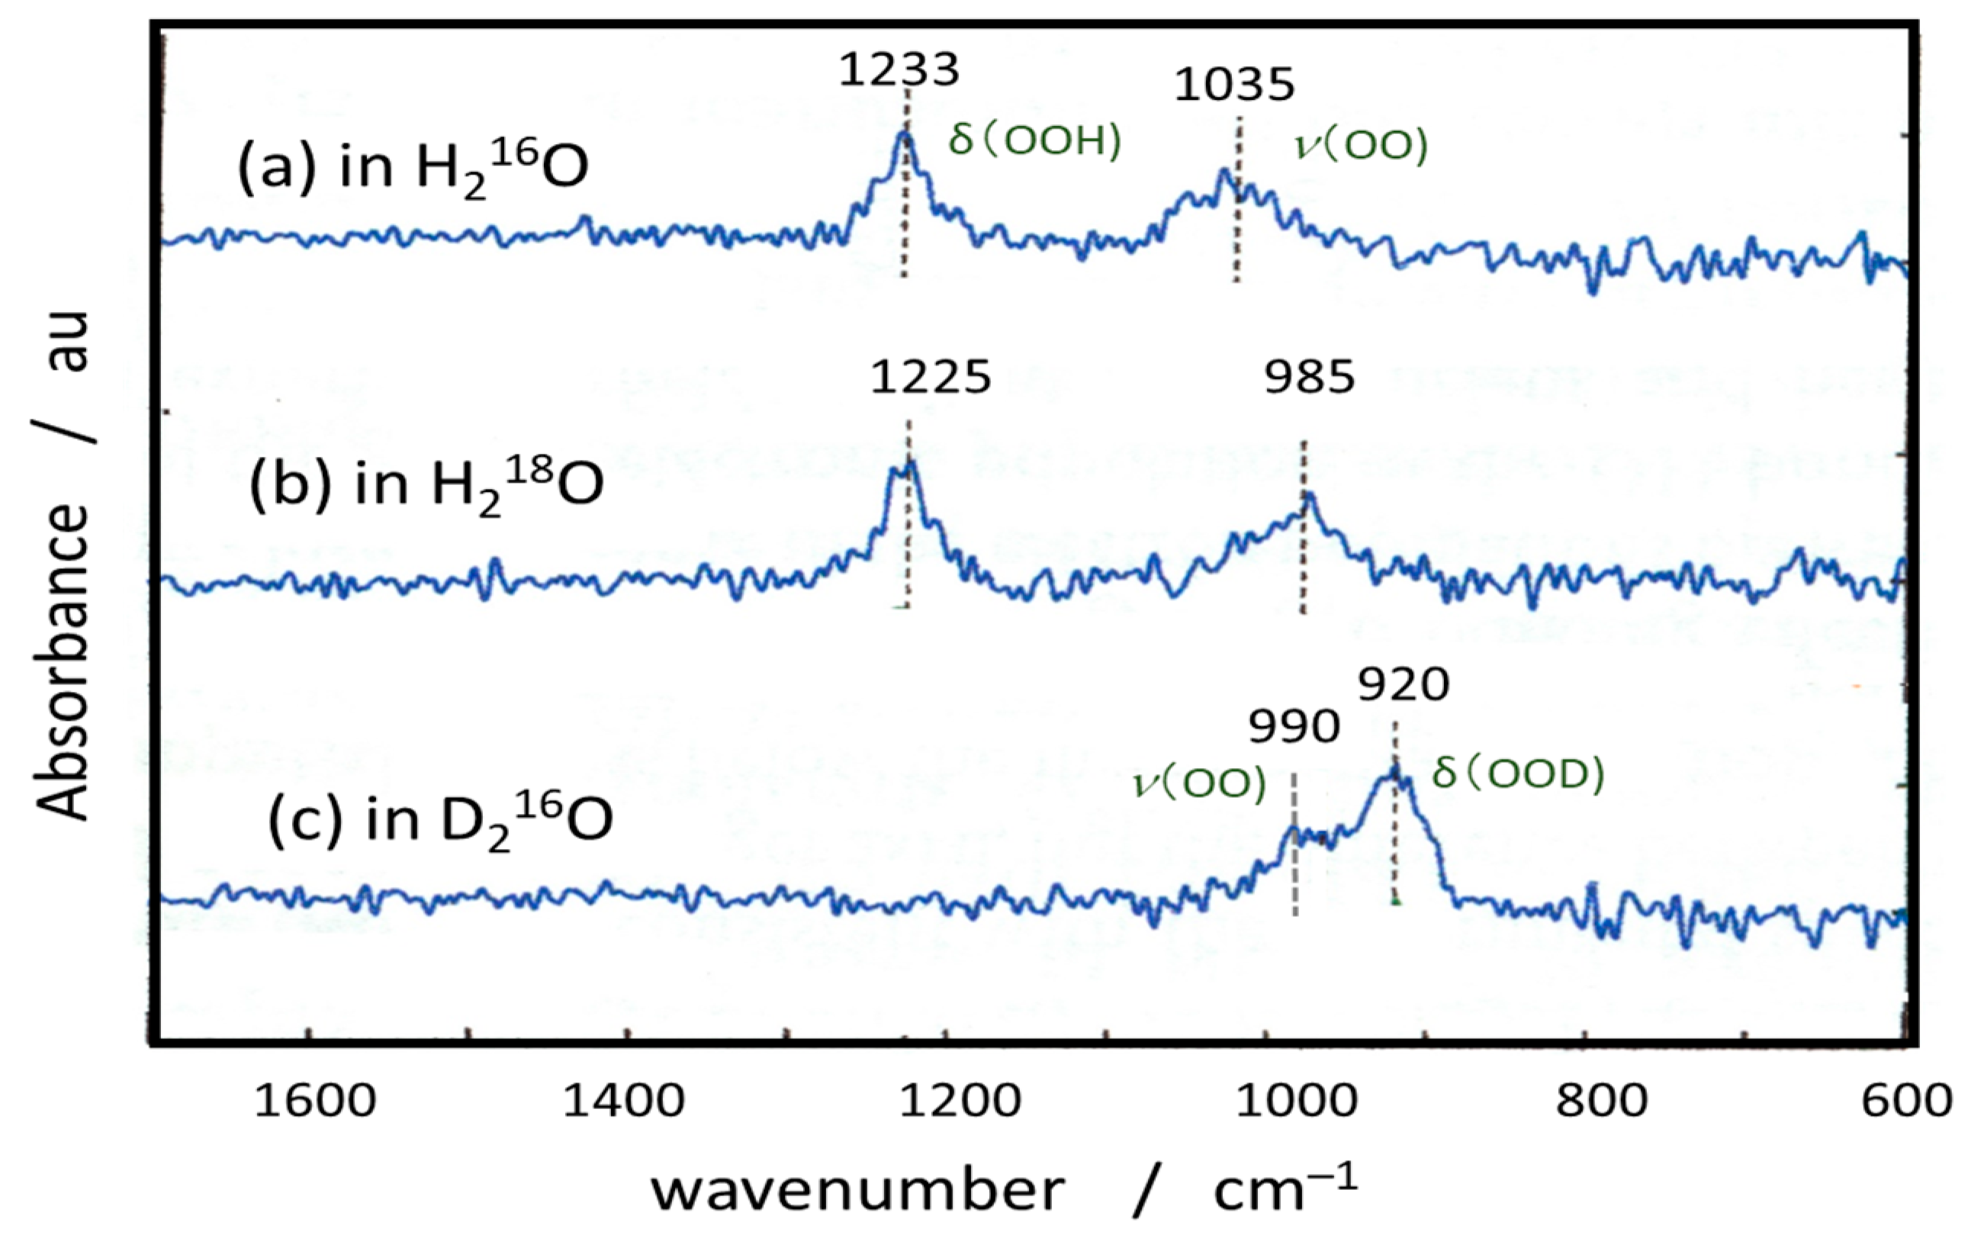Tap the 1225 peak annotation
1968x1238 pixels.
tap(930, 378)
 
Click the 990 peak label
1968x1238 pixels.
tap(1294, 726)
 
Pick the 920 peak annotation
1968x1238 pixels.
tap(1404, 685)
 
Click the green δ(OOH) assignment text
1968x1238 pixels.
tap(1034, 141)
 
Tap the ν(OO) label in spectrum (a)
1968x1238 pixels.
tap(1362, 146)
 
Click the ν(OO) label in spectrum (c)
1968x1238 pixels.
tap(1200, 783)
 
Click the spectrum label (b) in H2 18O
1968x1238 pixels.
tap(426, 484)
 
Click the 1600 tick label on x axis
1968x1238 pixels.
tap(314, 1101)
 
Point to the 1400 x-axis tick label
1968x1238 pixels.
tap(625, 1101)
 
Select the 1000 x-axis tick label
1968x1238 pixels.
tap(1296, 1101)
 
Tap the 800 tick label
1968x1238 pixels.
tap(1601, 1101)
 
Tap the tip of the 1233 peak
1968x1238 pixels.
tap(903, 133)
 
